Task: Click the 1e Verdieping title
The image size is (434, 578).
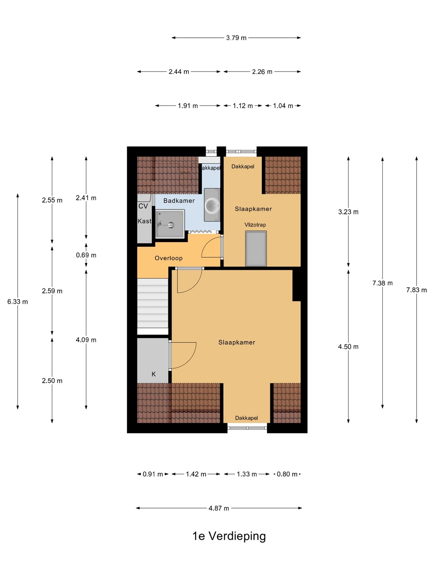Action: (229, 536)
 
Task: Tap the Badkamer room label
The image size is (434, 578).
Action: (179, 201)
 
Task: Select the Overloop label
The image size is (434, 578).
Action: (168, 258)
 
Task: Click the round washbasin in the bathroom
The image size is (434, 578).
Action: (212, 205)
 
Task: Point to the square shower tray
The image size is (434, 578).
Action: (170, 224)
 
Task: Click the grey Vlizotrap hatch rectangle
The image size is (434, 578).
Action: (256, 248)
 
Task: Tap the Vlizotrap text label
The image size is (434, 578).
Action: (255, 225)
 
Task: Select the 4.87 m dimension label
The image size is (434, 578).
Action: (219, 508)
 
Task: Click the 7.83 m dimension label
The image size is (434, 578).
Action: (416, 290)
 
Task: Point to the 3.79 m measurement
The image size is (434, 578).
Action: (236, 38)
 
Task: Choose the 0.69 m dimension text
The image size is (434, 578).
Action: (86, 255)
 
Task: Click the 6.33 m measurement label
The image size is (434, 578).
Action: (18, 302)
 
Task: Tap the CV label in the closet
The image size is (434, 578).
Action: (143, 206)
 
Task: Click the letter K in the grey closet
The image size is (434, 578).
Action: (154, 374)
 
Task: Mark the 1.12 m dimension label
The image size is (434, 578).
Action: (243, 106)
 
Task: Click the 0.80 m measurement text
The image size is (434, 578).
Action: (287, 474)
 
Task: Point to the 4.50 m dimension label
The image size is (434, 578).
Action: (348, 347)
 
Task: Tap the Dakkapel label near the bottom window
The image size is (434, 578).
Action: (246, 418)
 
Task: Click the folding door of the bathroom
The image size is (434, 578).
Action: (201, 232)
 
